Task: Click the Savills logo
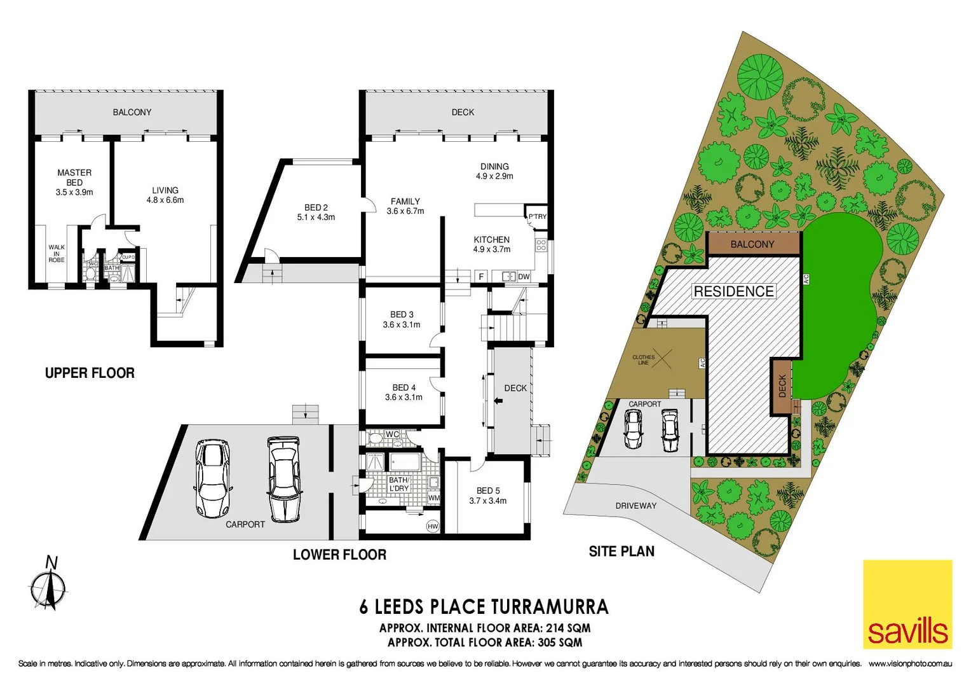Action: click(907, 604)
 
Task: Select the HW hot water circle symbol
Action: click(433, 526)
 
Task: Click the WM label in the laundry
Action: click(434, 498)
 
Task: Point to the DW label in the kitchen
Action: click(524, 277)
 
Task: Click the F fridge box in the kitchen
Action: click(482, 277)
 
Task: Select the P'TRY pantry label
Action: click(537, 217)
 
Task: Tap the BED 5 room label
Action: click(488, 490)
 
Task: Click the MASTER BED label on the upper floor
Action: click(74, 177)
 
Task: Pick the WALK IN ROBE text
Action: click(57, 254)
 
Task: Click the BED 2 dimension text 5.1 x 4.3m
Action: click(316, 218)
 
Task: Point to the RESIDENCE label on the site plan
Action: click(733, 291)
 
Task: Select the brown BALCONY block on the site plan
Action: click(752, 244)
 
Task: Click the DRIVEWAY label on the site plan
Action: click(635, 506)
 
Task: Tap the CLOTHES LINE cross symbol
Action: click(662, 359)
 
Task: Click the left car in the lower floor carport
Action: click(212, 478)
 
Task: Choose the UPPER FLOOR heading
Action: click(90, 373)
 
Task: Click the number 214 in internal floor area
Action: click(557, 628)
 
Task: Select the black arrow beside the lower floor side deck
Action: click(498, 401)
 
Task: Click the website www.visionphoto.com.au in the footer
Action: click(910, 663)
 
